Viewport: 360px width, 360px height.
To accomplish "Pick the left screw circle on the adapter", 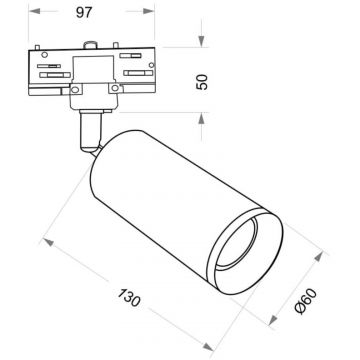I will pos(75,91).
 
